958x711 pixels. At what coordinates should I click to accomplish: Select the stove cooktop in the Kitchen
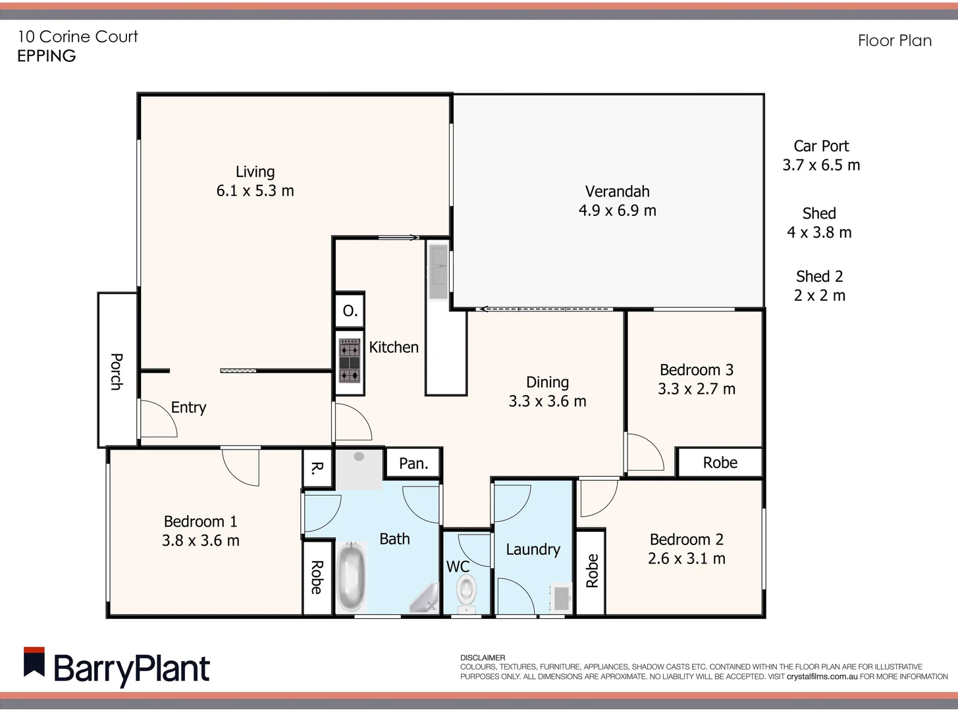pyautogui.click(x=349, y=361)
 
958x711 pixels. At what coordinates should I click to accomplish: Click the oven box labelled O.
pyautogui.click(x=350, y=311)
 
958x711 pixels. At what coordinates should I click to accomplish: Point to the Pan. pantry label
pyautogui.click(x=413, y=463)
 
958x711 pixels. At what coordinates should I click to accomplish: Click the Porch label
pyautogui.click(x=117, y=371)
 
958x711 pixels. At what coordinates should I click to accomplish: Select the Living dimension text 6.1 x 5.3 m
pyautogui.click(x=255, y=191)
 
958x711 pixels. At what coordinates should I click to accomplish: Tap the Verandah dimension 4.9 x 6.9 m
pyautogui.click(x=617, y=211)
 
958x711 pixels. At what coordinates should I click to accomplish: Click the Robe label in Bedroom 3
pyautogui.click(x=720, y=463)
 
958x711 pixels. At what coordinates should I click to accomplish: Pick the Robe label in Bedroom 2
pyautogui.click(x=592, y=571)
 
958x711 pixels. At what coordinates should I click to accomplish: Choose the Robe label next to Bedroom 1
pyautogui.click(x=317, y=577)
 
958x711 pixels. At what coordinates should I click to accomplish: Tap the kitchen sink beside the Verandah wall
pyautogui.click(x=438, y=270)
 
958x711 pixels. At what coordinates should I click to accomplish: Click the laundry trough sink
pyautogui.click(x=562, y=598)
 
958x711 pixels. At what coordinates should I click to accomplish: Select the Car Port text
pyautogui.click(x=821, y=146)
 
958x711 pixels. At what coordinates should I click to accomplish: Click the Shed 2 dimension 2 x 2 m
pyautogui.click(x=819, y=296)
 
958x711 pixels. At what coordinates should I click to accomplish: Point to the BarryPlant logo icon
pyautogui.click(x=34, y=662)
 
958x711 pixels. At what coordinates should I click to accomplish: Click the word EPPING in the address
pyautogui.click(x=47, y=56)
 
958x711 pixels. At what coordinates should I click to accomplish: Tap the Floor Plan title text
pyautogui.click(x=894, y=41)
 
